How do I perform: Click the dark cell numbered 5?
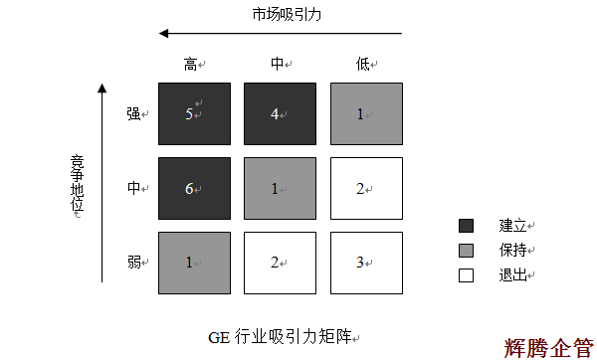(x=194, y=113)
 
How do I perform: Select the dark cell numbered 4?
(x=280, y=113)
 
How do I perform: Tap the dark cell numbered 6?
(x=194, y=187)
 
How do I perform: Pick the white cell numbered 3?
(x=365, y=262)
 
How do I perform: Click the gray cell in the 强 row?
(x=365, y=113)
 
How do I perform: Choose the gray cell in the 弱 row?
(x=194, y=262)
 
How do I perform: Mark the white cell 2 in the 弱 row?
(x=280, y=262)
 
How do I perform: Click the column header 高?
(x=191, y=65)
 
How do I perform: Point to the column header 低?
(x=362, y=65)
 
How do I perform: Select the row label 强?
(x=134, y=113)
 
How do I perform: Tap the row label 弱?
(x=134, y=263)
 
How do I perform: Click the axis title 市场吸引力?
(x=287, y=14)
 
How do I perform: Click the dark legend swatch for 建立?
(x=466, y=226)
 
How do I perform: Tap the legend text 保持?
(x=513, y=251)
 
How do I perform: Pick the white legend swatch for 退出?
(x=466, y=274)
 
